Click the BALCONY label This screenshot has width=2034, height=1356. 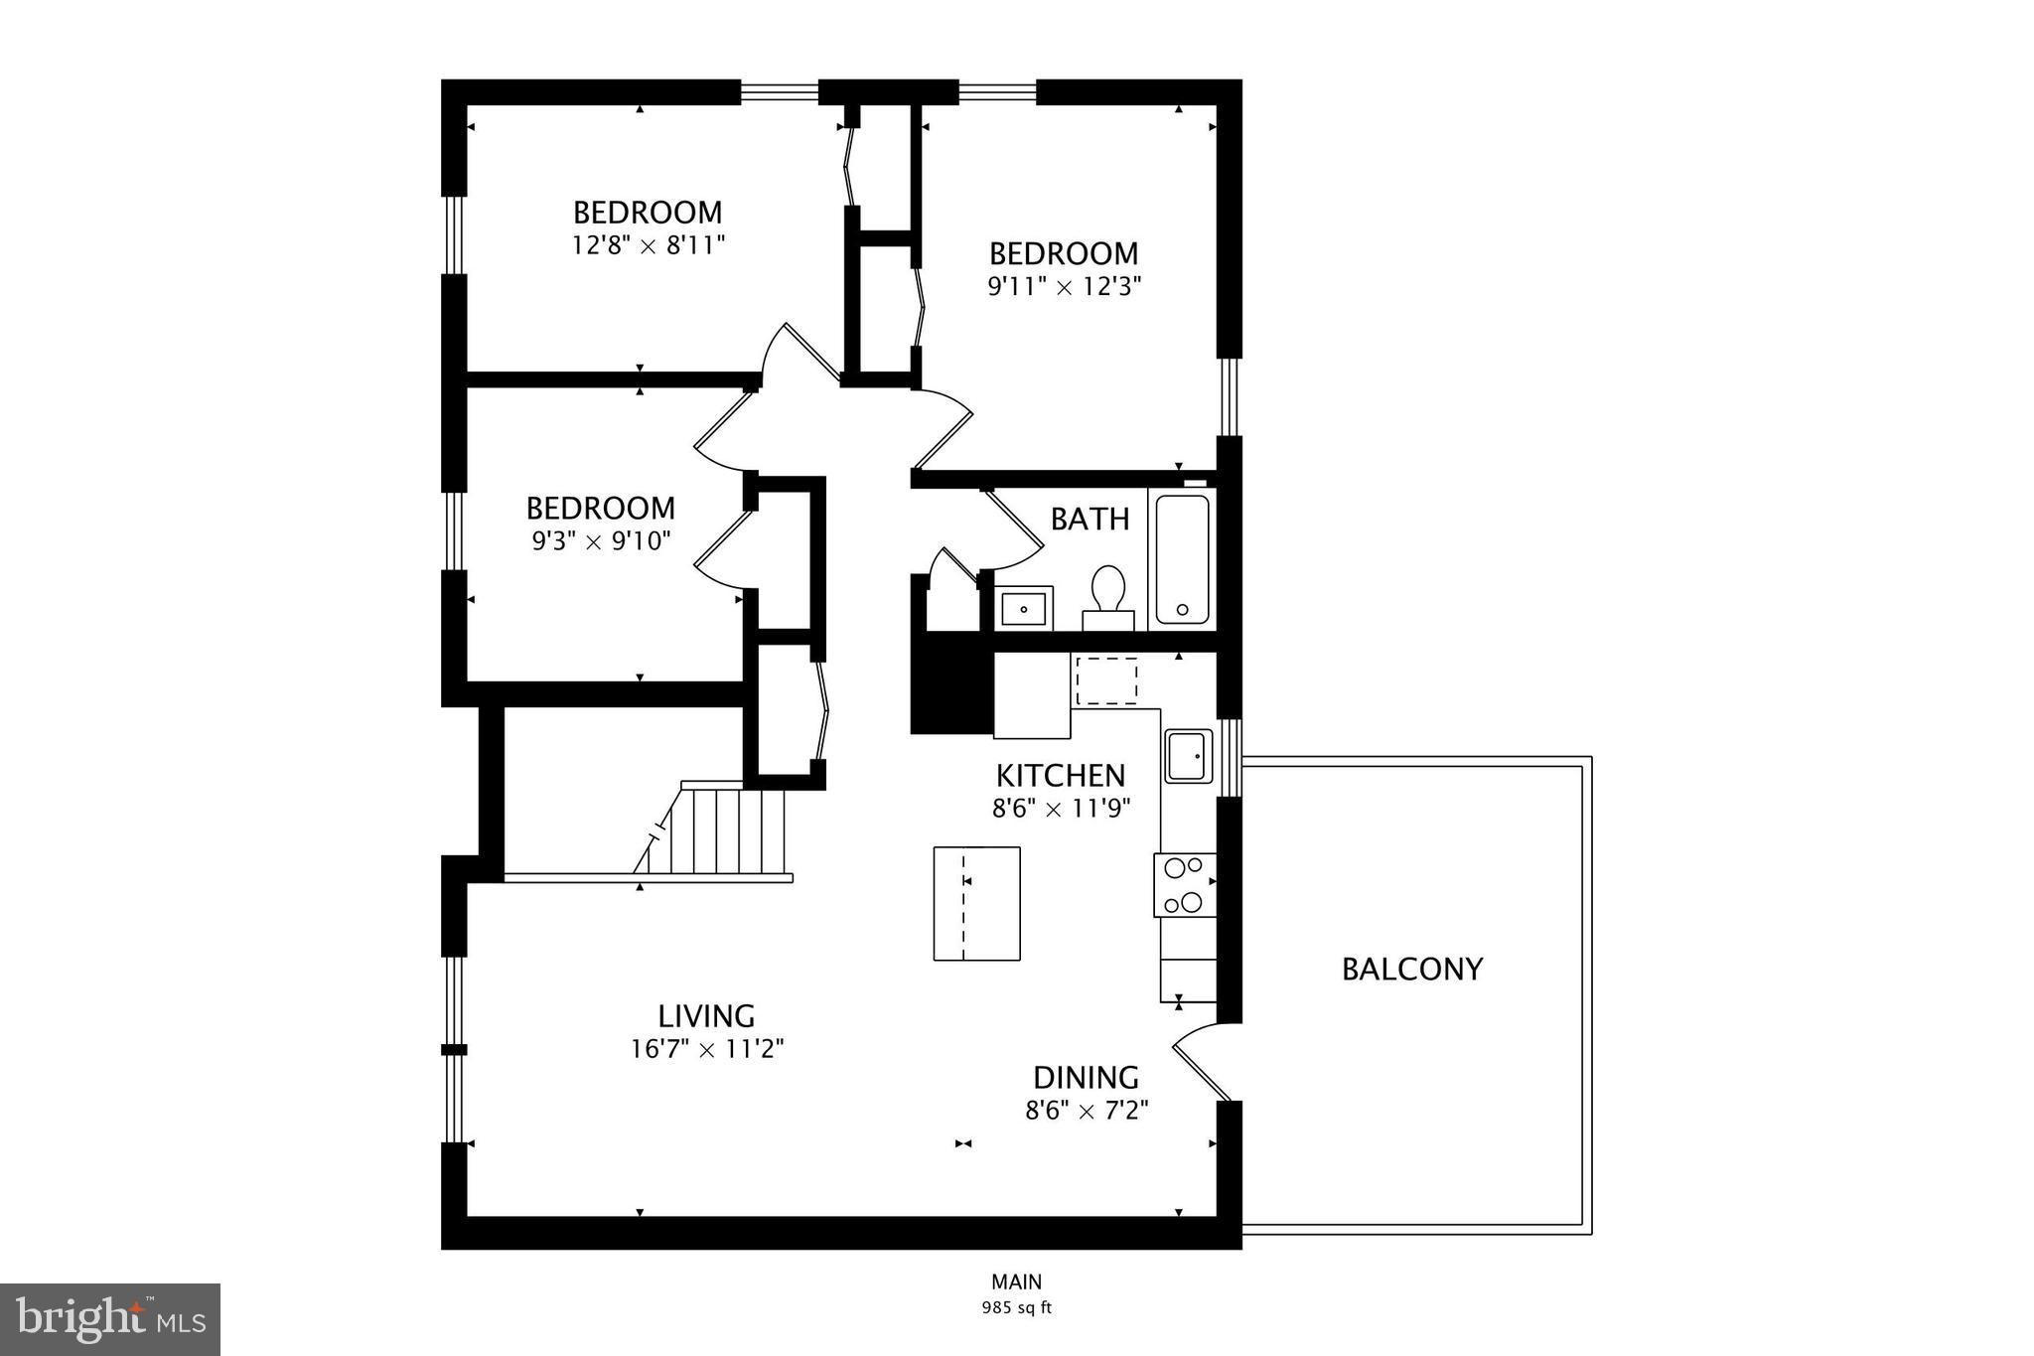tap(1411, 969)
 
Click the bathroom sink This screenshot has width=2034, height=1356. tap(1025, 608)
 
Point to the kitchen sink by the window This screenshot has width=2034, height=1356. tap(1189, 756)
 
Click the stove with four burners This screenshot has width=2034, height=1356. tap(1185, 885)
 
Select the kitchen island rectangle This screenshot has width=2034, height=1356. tap(976, 903)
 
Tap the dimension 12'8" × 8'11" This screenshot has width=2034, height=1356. tap(649, 245)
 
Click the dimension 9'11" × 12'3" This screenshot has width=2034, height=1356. tap(1064, 287)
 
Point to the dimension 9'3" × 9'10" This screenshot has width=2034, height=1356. tap(601, 541)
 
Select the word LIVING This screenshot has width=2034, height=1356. tap(706, 1016)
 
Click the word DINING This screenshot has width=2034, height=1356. tap(1086, 1078)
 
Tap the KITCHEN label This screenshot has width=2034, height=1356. tap(1061, 775)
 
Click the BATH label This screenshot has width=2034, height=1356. tap(1090, 519)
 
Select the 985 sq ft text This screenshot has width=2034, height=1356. tap(1016, 1308)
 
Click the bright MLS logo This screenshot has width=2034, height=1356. tap(110, 1319)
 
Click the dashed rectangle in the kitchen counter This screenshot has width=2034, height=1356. tap(1106, 681)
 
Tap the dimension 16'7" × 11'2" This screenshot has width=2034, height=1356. tap(707, 1049)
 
